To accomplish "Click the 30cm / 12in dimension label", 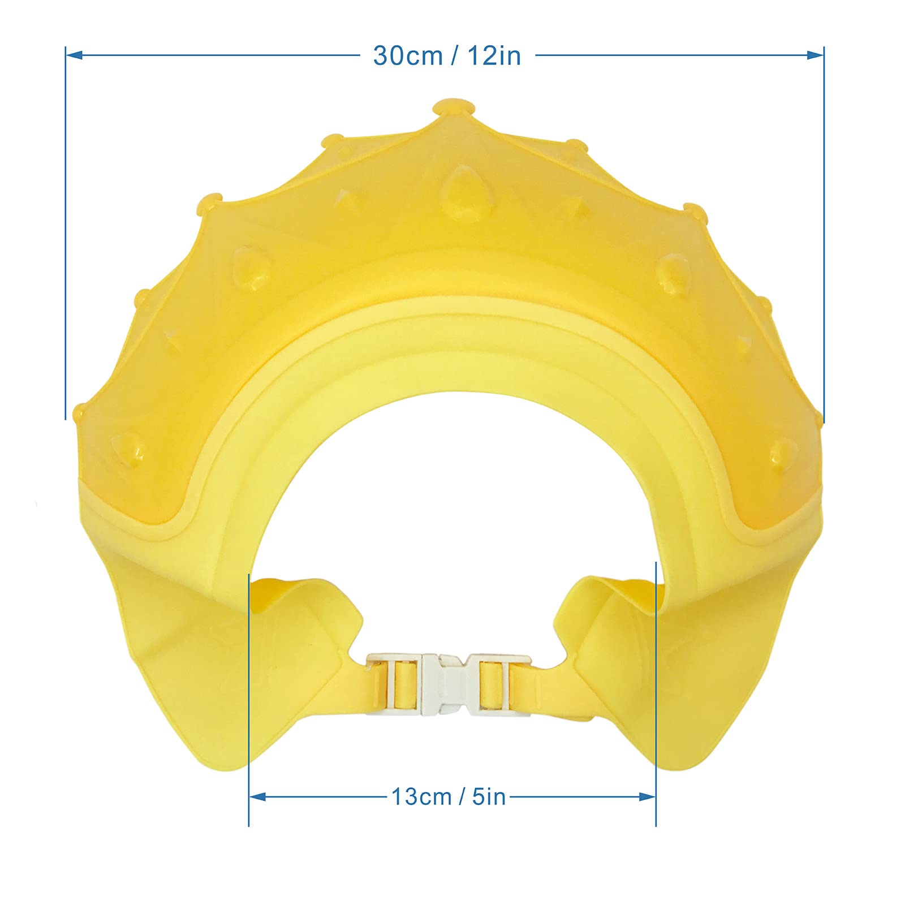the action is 447,55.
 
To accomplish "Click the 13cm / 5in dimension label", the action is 449,797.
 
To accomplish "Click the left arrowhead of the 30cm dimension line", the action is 75,55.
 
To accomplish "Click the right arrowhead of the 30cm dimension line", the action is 815,55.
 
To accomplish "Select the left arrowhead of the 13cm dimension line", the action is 258,797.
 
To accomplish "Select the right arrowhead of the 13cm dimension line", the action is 647,797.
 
